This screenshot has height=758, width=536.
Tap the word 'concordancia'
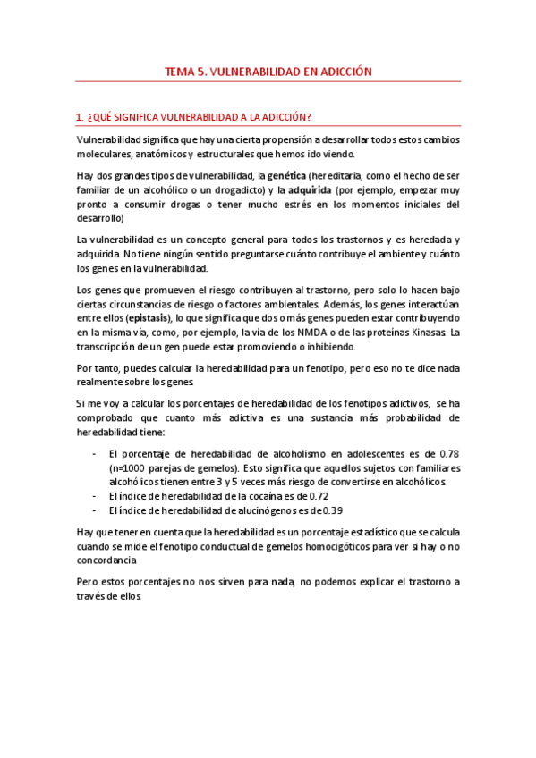106,560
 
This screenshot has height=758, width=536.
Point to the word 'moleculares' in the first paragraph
105,154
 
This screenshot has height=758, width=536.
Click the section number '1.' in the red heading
80,117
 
